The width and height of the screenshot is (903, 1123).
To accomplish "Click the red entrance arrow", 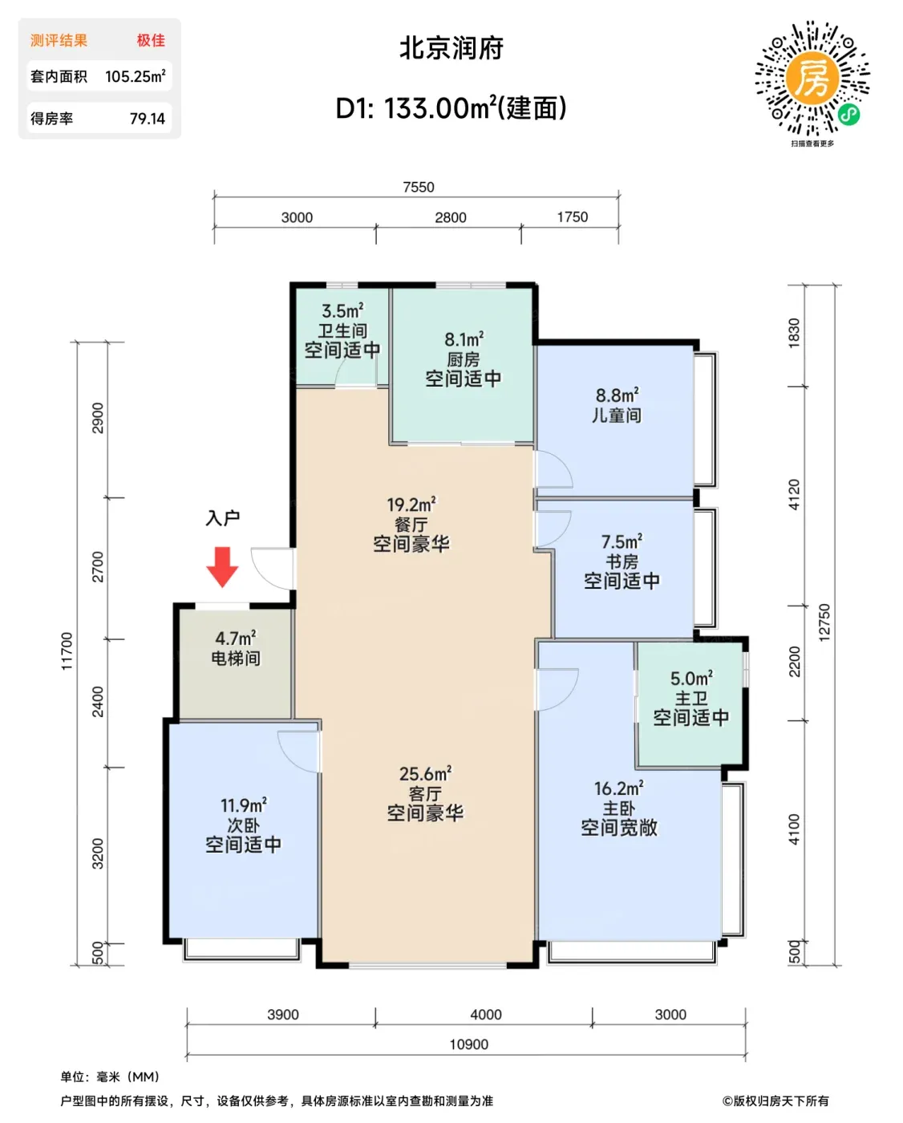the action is coord(222,567).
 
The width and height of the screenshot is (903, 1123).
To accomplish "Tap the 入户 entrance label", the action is coord(223,518).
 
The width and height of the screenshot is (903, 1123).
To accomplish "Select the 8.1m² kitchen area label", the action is coord(464,340).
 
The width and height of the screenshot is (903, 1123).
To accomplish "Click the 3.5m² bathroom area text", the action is coord(342,311).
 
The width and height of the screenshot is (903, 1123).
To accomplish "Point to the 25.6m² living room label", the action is coord(425,774).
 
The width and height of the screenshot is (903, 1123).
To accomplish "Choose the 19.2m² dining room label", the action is coord(411,505).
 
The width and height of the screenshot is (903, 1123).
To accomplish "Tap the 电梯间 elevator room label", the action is coord(235,659).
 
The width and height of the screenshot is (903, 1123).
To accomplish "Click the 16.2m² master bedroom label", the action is coord(618,789).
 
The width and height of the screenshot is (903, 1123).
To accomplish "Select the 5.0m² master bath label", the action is coord(691,679).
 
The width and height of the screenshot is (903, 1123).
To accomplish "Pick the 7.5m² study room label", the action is coord(622,541).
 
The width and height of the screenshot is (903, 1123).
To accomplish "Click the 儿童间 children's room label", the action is coord(616,416).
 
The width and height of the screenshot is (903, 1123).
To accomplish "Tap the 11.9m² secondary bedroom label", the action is coord(243,805).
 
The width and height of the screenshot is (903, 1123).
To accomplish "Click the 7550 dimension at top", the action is coord(419,187).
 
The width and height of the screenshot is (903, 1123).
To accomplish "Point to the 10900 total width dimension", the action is coord(469,1044).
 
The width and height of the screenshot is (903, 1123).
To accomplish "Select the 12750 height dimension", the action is coord(824,622).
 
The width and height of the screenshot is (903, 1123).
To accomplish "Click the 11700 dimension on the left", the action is coord(67,651).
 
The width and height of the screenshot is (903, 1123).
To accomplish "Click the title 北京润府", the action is coord(451,49).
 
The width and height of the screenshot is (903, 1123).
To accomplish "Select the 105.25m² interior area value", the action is coord(136,76).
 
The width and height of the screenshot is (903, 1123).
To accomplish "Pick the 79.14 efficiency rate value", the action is coord(147,119).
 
